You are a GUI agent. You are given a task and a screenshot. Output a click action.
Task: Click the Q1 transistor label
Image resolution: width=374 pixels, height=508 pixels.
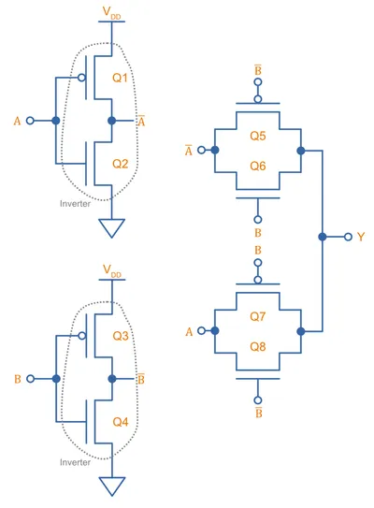click(120, 78)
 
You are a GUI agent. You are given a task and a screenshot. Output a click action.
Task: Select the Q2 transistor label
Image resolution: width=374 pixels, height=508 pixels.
click(120, 164)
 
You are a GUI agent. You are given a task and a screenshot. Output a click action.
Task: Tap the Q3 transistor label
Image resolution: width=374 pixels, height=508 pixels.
click(121, 336)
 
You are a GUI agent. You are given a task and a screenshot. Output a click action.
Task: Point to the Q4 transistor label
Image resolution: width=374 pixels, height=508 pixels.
click(121, 422)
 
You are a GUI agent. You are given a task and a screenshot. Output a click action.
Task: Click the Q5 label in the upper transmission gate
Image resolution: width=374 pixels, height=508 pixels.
click(258, 136)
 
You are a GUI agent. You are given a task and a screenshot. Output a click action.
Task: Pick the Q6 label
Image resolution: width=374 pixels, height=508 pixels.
click(258, 167)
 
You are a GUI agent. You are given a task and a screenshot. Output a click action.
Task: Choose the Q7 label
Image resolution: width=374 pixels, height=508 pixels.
click(258, 316)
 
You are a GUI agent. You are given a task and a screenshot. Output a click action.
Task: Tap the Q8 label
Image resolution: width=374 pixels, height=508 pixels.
click(258, 347)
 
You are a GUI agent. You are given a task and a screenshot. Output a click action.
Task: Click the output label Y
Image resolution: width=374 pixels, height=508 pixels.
click(361, 237)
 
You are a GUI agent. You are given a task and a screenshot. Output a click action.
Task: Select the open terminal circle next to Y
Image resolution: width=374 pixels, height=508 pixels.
click(348, 237)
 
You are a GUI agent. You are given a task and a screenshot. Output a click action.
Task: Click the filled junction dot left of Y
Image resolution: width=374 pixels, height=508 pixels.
click(323, 237)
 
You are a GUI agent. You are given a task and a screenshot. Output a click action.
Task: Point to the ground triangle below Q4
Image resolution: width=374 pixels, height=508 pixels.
click(111, 486)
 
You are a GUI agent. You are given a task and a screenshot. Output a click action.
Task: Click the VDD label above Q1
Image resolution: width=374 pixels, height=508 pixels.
click(111, 13)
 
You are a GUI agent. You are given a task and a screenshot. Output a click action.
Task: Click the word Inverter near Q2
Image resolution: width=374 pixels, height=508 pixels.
click(75, 204)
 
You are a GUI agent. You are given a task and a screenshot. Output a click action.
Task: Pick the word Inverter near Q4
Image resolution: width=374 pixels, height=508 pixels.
click(75, 462)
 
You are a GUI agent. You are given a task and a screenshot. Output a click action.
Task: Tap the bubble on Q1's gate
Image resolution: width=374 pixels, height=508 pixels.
click(82, 78)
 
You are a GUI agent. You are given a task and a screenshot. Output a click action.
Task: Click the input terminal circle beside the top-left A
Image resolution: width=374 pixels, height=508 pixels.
click(30, 121)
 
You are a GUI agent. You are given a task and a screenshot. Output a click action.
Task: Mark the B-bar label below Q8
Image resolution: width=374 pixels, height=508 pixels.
click(258, 413)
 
